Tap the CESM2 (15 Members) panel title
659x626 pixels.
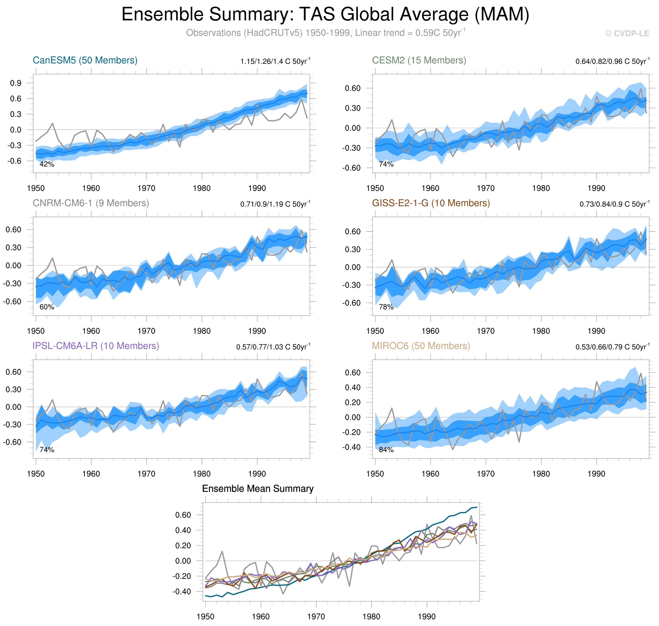click(419, 60)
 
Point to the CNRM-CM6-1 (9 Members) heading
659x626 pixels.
click(91, 203)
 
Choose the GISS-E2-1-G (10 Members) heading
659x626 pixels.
click(431, 203)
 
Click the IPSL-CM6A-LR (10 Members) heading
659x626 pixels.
click(96, 346)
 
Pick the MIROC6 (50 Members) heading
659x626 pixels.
click(421, 346)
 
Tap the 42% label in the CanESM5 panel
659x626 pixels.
click(47, 164)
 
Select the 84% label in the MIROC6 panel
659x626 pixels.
click(386, 450)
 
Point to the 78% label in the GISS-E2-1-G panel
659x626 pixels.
click(386, 307)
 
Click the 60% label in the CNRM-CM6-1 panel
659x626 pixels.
click(47, 307)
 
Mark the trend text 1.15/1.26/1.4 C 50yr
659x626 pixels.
click(275, 61)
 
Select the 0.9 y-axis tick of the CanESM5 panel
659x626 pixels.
click(16, 83)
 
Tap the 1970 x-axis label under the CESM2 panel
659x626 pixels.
click(485, 188)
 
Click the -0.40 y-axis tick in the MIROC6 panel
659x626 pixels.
click(351, 447)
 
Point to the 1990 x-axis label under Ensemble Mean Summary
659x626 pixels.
click(427, 617)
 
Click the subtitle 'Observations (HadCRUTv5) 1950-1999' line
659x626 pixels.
click(325, 33)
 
